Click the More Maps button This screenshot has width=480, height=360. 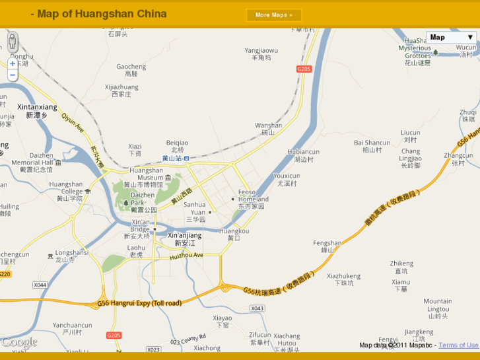coord(273,15)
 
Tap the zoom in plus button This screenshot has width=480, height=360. coord(13,64)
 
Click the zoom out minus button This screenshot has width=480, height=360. coord(13,75)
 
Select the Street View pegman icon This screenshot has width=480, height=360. coord(13,42)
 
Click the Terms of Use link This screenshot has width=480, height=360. coord(459,345)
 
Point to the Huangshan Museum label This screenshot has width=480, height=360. coord(147,174)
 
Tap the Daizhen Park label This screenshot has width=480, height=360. coord(143,199)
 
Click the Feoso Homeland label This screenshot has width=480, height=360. coord(253,196)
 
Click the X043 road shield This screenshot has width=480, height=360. coord(257,308)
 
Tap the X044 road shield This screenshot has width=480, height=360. coord(40,285)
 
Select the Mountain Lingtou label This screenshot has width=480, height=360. coord(438,305)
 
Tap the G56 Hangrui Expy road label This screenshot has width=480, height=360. coord(139,303)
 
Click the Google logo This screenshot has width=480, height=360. coord(19,342)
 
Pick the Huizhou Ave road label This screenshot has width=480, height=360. coord(187,255)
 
